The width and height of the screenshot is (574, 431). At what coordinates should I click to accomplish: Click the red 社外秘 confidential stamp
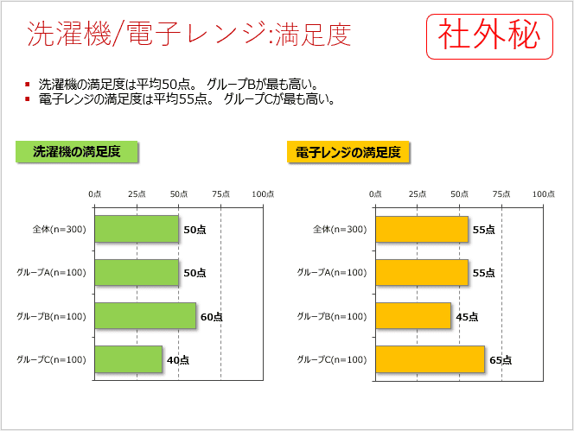tap(489, 36)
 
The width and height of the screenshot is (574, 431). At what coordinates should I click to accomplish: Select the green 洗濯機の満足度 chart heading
tap(78, 152)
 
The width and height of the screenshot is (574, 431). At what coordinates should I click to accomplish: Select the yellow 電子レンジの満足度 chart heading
tap(348, 152)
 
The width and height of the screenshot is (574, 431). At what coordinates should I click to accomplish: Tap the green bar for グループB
tap(145, 316)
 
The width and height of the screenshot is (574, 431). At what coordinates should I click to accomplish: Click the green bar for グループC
tap(128, 359)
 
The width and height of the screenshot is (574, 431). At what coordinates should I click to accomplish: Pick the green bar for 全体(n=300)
tap(137, 229)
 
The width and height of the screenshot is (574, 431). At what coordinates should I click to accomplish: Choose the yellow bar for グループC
tap(430, 359)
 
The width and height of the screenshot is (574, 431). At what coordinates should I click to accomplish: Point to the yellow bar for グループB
tap(413, 316)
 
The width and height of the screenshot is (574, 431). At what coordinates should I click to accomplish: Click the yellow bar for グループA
tap(422, 272)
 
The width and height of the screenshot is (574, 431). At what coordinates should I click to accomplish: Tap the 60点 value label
tap(212, 317)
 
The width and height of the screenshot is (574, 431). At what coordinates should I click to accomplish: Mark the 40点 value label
tap(178, 360)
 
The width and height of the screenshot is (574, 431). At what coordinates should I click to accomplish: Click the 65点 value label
tap(501, 360)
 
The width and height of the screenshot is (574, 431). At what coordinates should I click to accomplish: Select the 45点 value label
tap(467, 317)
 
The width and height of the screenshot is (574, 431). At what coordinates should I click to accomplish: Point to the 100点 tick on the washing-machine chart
tap(263, 194)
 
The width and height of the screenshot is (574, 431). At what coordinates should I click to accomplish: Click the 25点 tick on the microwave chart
tap(418, 194)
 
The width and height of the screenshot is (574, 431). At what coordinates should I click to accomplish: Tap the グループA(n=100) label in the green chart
tap(51, 273)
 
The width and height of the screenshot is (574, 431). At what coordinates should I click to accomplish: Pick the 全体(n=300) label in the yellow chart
tap(339, 230)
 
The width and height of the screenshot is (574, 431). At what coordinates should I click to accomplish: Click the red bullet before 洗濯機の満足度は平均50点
tap(28, 85)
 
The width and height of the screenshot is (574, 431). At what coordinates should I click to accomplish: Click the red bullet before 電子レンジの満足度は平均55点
tap(28, 99)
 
